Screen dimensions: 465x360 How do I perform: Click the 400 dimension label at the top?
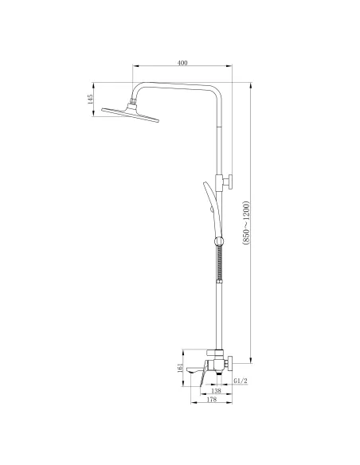183,63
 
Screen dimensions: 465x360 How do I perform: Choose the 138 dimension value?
215,391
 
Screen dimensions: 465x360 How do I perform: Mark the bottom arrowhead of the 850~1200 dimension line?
252,359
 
